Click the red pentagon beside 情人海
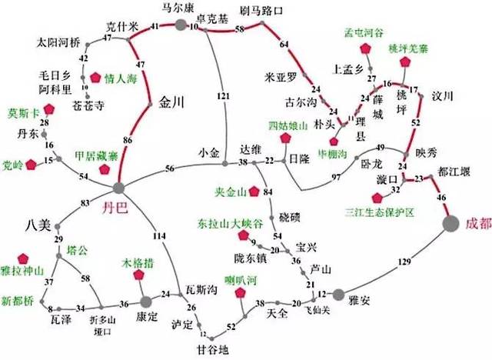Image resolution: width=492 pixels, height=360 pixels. pyautogui.click(x=95, y=77)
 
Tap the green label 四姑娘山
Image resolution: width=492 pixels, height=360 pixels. pyautogui.click(x=288, y=125)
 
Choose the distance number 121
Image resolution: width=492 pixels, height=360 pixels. pyautogui.click(x=223, y=96)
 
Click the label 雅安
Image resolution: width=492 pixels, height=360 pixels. pyautogui.click(x=360, y=301)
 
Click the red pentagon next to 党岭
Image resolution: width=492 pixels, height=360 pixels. pyautogui.click(x=32, y=164)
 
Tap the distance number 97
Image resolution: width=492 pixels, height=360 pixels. pyautogui.click(x=335, y=177)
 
